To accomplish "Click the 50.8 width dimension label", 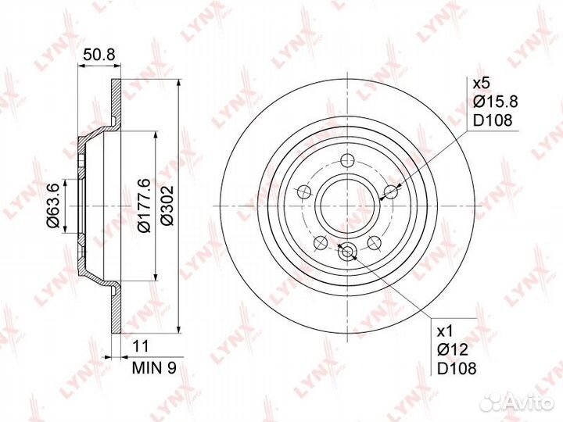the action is (99, 55).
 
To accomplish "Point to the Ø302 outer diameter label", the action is (167, 206).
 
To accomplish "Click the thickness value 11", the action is (141, 346).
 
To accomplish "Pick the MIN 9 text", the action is (154, 367).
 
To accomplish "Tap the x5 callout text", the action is (481, 84).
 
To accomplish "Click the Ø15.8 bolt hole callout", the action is (496, 102).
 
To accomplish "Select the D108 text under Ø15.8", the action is (493, 120).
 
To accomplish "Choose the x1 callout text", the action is (446, 331).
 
